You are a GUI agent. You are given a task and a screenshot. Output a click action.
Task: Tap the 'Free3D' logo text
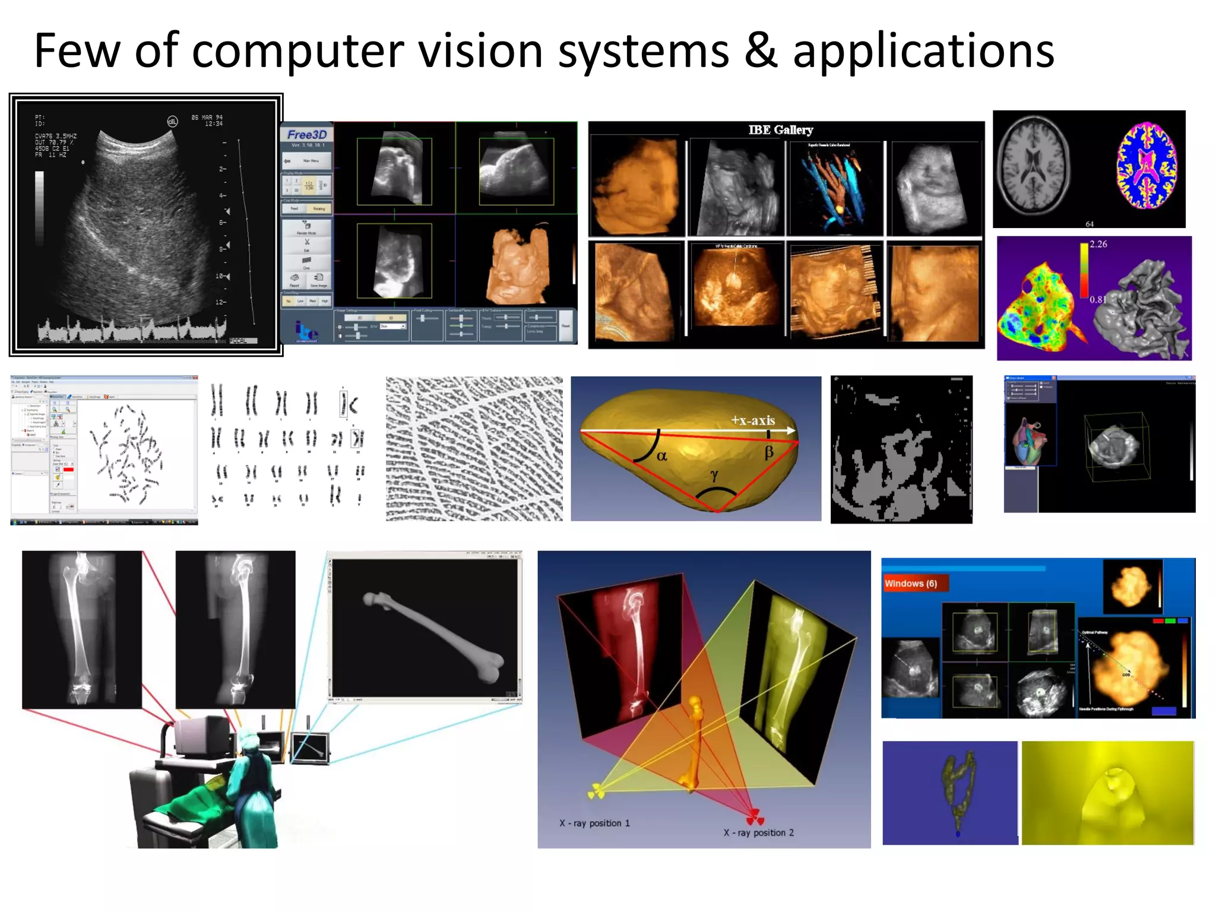point(307,135)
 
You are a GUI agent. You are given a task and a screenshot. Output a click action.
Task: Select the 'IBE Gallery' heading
point(780,130)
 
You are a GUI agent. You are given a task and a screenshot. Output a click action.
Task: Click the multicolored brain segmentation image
point(1146,166)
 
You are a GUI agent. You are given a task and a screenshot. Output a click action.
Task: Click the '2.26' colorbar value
point(1098,244)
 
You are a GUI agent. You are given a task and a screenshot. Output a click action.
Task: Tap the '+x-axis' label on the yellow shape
point(753,420)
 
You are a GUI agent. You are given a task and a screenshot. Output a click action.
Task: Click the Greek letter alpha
point(662,455)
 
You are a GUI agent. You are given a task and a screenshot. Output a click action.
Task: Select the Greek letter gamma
point(714,475)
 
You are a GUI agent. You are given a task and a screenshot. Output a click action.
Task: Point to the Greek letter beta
point(769,452)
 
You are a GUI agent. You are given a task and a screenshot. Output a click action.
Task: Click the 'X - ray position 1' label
point(594,824)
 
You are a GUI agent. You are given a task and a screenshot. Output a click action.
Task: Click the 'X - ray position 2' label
point(758,832)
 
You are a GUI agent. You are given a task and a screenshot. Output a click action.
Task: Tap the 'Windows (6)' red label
point(911,584)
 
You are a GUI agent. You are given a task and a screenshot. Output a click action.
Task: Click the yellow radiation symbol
point(596,791)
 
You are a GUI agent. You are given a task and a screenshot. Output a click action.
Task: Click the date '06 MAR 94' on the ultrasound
point(207,118)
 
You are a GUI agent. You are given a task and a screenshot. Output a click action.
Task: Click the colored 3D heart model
point(1028,442)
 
